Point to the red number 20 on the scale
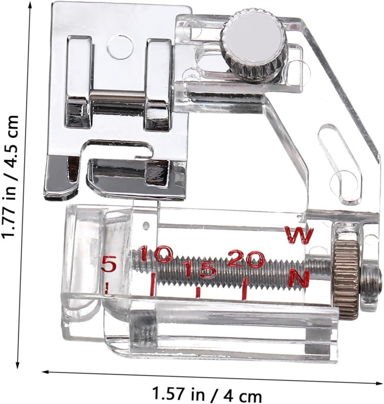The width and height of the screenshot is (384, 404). (x=246, y=259)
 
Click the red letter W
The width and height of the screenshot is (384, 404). (x=300, y=235)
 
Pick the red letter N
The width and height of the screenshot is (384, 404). (x=299, y=278)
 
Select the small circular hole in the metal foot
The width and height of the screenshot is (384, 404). (x=120, y=48)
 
